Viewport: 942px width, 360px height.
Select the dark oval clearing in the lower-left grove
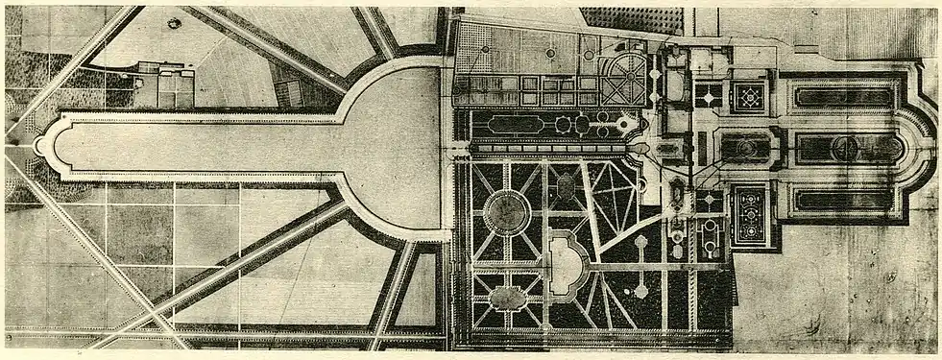pyautogui.click(x=506, y=296)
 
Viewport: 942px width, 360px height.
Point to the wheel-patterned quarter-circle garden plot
pyautogui.click(x=625, y=80)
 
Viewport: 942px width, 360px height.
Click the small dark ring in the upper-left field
pyautogui.click(x=174, y=23)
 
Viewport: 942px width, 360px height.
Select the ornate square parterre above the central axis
pyautogui.click(x=749, y=96)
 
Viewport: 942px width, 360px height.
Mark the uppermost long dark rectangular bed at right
pyautogui.click(x=845, y=97)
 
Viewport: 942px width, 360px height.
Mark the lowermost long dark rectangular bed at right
pyautogui.click(x=845, y=200)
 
